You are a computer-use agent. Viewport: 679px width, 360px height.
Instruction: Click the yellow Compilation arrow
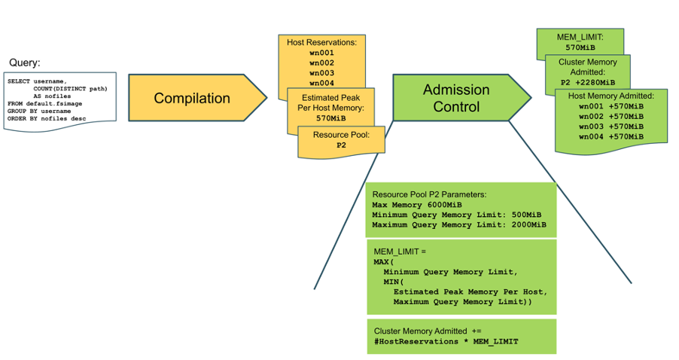(x=192, y=99)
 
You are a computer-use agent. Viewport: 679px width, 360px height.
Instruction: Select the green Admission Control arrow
(x=456, y=99)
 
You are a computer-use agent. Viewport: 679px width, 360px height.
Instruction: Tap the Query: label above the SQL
(x=24, y=63)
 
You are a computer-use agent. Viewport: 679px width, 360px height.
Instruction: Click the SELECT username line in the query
(x=37, y=81)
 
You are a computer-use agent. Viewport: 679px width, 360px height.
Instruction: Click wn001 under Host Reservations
(x=321, y=53)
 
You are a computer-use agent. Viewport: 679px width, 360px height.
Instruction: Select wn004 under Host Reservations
(x=321, y=83)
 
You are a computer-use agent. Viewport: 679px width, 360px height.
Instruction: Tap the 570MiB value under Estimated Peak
(x=331, y=118)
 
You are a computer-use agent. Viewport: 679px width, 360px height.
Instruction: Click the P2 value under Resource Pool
(x=341, y=145)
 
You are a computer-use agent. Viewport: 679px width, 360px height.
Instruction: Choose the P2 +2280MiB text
(x=588, y=82)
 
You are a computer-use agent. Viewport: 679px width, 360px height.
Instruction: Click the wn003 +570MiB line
(x=610, y=126)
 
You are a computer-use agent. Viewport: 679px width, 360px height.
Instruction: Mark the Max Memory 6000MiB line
(x=417, y=205)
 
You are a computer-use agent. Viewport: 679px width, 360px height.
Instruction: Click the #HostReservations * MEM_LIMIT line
(x=446, y=342)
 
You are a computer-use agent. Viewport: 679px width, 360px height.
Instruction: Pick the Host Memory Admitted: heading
(x=610, y=95)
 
